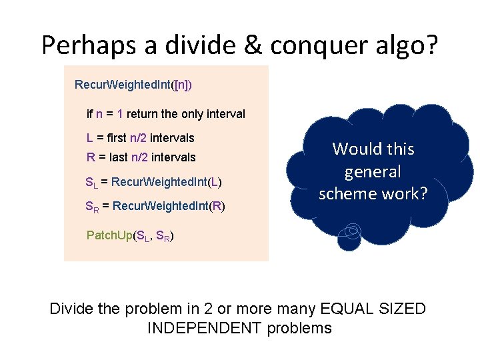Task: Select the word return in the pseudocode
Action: coord(143,114)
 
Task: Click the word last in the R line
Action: coord(118,157)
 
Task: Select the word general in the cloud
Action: coord(373,172)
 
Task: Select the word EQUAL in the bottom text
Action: coord(347,309)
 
